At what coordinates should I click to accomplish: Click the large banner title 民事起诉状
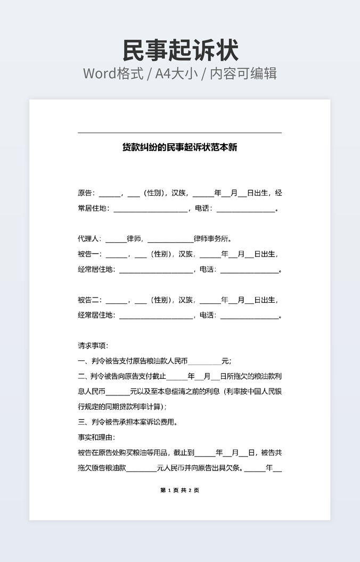point(180,51)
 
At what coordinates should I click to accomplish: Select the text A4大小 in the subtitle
point(176,73)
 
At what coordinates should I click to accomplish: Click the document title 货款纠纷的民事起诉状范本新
point(179,147)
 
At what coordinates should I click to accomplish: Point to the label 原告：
point(87,193)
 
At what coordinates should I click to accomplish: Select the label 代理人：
point(90,239)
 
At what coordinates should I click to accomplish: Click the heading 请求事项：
point(93,345)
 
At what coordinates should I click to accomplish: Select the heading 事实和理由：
point(96,437)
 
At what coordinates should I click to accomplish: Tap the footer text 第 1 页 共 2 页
point(179,490)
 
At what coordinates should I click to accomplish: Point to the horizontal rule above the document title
point(179,133)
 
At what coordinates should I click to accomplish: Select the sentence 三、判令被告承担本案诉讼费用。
point(127,423)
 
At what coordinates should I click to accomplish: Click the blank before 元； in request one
point(204,361)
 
